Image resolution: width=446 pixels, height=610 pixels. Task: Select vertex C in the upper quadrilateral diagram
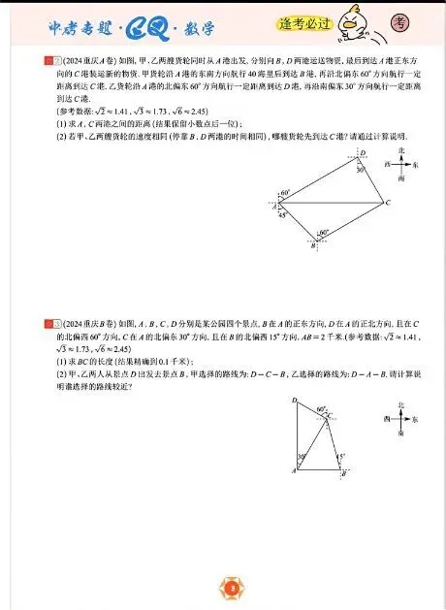pos(386,204)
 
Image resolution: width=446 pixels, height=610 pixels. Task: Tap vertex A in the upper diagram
pos(275,206)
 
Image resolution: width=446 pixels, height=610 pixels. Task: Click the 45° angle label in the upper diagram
pos(282,214)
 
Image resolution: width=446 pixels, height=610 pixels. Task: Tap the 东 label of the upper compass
pos(416,166)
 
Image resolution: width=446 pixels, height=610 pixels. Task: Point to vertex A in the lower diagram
pos(293,471)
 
